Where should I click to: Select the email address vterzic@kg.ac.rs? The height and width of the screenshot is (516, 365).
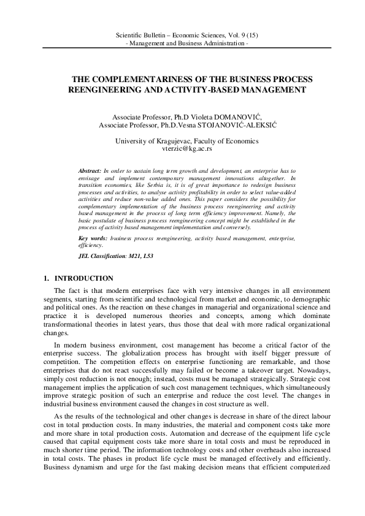tap(182, 149)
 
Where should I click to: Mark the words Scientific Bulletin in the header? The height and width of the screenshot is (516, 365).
tap(142, 37)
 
